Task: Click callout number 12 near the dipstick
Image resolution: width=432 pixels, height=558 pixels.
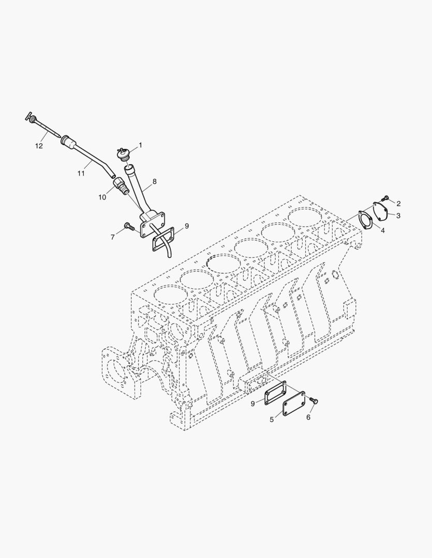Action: coord(39,146)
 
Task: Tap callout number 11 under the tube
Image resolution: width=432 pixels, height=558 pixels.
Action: coord(81,173)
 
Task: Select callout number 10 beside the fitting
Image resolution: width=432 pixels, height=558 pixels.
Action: coord(102,197)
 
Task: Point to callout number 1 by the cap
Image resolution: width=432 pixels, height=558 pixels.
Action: coord(140,146)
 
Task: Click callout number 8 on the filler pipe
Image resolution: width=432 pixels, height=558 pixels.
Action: coord(154,182)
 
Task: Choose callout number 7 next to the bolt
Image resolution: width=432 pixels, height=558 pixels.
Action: coord(112,237)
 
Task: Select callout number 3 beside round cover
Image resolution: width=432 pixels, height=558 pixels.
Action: coord(398,215)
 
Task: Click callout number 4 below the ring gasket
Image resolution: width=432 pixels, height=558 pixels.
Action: coord(383,230)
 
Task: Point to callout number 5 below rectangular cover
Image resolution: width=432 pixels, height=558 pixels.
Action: coord(272,420)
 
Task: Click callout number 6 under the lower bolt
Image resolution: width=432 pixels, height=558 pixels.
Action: coord(308,417)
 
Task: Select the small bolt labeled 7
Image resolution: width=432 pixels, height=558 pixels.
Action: coord(129,226)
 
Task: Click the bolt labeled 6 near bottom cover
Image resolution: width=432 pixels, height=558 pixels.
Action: coord(314,401)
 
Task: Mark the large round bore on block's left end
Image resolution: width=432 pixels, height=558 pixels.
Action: coord(116,370)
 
